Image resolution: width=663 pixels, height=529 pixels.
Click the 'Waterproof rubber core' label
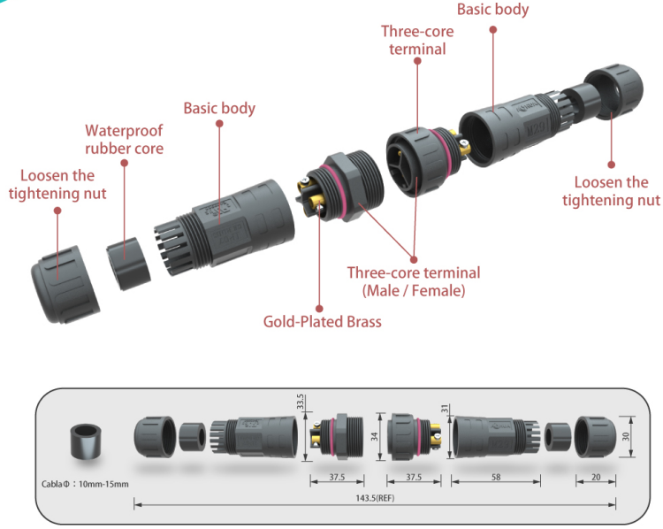124,140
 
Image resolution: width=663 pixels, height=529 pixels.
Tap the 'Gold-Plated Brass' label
322,321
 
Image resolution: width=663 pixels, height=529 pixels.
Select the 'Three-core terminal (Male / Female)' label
414,281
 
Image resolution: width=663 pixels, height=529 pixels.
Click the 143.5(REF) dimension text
376,499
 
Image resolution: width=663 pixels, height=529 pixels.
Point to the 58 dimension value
495,477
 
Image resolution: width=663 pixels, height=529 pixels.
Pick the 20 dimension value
597,477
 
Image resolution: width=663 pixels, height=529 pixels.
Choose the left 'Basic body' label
219,108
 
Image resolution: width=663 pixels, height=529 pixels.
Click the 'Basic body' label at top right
492,10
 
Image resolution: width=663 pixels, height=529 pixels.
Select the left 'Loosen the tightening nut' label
57,184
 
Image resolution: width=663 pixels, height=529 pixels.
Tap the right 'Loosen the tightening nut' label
611,191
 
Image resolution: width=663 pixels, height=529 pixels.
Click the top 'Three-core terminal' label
417,40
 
